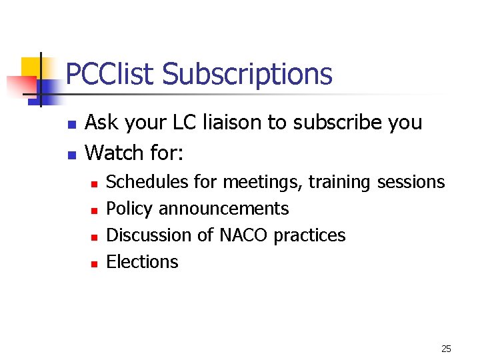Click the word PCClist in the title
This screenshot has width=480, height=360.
pos(111,74)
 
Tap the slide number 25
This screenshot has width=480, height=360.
pos(446,349)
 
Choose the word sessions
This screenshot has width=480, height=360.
pos(411,182)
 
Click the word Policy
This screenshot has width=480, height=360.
pos(129,209)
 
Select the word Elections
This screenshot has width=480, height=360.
pos(142,262)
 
